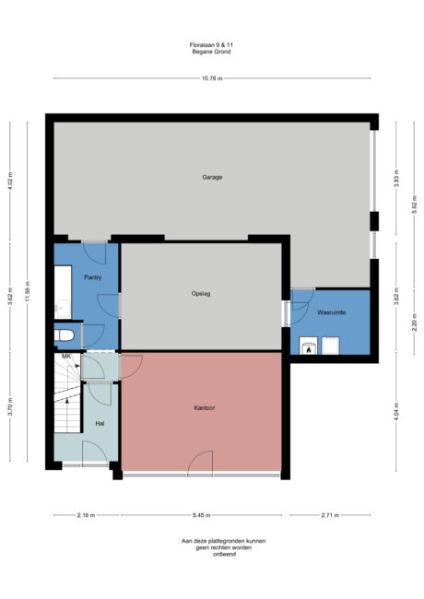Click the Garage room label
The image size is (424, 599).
point(212,177)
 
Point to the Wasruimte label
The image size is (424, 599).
point(331,313)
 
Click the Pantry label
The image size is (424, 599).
point(92,277)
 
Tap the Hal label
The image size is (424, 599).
point(100,423)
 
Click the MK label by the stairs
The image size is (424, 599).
point(66,356)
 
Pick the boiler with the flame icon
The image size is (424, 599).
point(307,346)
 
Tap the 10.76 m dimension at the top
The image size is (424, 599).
point(212,78)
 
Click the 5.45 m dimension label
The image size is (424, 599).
point(203,515)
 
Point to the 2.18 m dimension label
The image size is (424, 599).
point(85,515)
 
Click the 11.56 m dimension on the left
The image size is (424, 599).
point(28,295)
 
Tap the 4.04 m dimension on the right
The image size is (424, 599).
point(396,412)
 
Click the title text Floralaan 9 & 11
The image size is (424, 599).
point(212,44)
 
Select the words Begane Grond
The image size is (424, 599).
point(212,53)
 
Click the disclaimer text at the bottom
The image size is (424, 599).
point(212,548)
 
